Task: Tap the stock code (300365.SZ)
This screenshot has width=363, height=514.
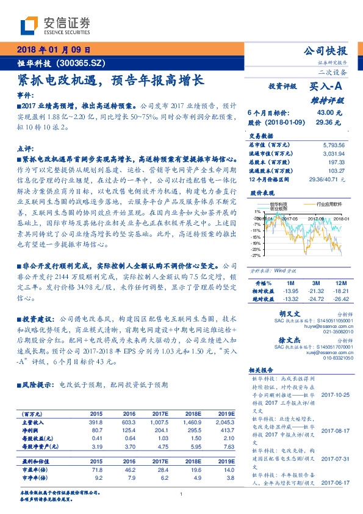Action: (x=82, y=62)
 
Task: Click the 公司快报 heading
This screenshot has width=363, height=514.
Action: (x=326, y=51)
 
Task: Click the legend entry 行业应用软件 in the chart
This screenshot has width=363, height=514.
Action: (x=329, y=206)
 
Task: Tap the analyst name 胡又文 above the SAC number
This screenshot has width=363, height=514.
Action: (x=289, y=312)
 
